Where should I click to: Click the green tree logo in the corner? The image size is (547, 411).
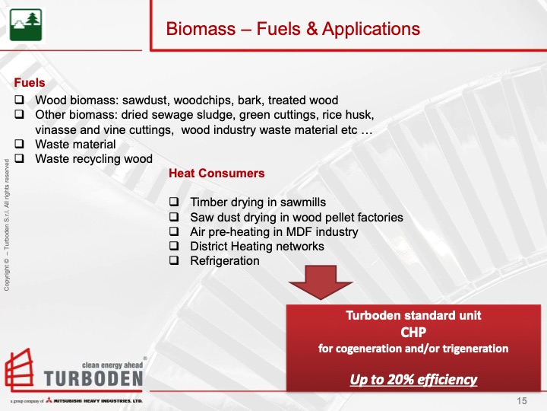[26, 25]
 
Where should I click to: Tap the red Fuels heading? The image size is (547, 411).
[30, 83]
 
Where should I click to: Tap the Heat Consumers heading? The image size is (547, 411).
[217, 174]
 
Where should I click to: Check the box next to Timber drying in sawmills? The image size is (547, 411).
[175, 202]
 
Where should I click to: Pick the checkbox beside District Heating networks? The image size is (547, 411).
[175, 247]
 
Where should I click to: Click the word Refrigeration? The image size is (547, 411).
[224, 261]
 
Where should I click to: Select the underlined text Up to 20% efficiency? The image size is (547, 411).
[413, 379]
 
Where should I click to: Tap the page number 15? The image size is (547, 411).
[522, 401]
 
